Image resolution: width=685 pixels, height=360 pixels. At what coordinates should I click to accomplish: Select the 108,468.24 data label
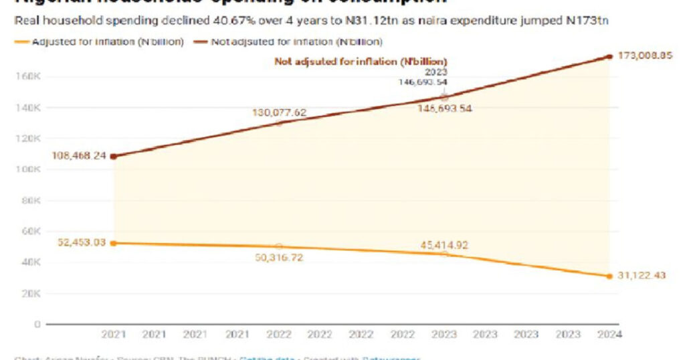click(80, 156)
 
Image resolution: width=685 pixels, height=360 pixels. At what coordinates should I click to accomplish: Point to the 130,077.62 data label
click(279, 112)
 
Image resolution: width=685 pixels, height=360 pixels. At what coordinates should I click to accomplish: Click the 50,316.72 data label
click(279, 257)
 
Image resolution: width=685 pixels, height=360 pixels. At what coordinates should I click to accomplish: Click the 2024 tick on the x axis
click(609, 334)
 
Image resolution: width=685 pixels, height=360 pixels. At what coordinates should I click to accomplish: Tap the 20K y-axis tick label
click(27, 293)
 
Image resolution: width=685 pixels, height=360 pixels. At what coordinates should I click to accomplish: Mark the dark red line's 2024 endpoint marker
click(609, 57)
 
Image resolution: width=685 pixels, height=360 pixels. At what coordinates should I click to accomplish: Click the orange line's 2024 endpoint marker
click(609, 276)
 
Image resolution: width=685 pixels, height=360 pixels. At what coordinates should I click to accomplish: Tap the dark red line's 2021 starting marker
click(114, 157)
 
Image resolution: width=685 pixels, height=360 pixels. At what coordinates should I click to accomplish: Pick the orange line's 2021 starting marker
click(114, 243)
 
